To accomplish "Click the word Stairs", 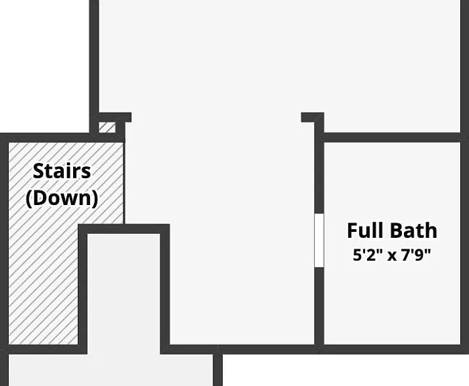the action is pyautogui.click(x=62, y=171).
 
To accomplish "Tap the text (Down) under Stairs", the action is pyautogui.click(x=62, y=198).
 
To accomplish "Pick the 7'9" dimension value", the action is pyautogui.click(x=416, y=255).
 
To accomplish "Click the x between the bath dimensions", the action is pyautogui.click(x=392, y=256).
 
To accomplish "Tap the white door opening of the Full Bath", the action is pyautogui.click(x=319, y=240).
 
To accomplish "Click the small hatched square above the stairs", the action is pyautogui.click(x=107, y=127).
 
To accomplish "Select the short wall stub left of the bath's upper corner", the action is pyautogui.click(x=312, y=117).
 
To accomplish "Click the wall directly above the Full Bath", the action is pyautogui.click(x=392, y=137).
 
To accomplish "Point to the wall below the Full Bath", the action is pyautogui.click(x=392, y=349).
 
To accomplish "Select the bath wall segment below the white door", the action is pyautogui.click(x=319, y=306).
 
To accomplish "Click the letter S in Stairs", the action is pyautogui.click(x=38, y=171).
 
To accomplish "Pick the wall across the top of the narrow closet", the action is pyautogui.click(x=124, y=229).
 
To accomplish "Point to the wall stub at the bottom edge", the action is pyautogui.click(x=218, y=370).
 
